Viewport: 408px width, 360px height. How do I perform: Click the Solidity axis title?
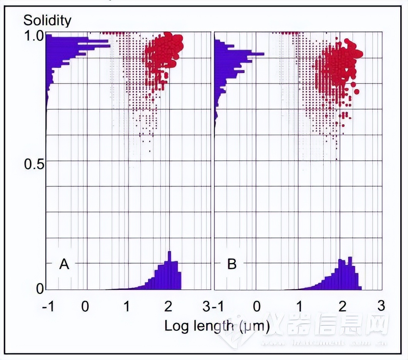[x=47, y=20]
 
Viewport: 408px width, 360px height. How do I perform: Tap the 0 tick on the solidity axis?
[x=40, y=289]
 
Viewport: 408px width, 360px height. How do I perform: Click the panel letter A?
[x=64, y=264]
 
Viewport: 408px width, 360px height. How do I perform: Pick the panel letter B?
[x=232, y=264]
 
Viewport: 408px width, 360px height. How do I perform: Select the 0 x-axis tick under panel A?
[x=85, y=306]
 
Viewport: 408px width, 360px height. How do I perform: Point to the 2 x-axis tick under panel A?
[x=168, y=306]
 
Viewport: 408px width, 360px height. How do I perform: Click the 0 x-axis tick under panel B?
[x=257, y=306]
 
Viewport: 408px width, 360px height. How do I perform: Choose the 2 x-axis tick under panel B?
[x=341, y=306]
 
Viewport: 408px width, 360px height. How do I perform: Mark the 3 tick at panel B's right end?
[x=381, y=306]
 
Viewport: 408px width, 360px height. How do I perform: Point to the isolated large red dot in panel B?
[x=356, y=92]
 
